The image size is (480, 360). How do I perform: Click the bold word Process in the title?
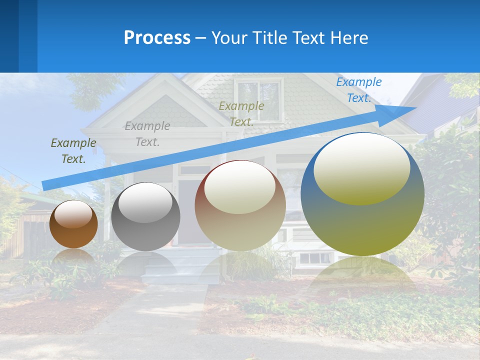[157, 38]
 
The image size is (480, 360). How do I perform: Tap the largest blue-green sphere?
[362, 220]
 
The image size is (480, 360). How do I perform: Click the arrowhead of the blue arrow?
[407, 110]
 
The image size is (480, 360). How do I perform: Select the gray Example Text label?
[147, 134]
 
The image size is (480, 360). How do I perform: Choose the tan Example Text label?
[241, 113]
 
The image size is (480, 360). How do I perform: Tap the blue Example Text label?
[358, 90]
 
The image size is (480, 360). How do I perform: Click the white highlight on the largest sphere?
[362, 167]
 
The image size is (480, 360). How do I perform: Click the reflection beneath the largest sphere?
[362, 275]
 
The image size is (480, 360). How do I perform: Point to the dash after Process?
[201, 38]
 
